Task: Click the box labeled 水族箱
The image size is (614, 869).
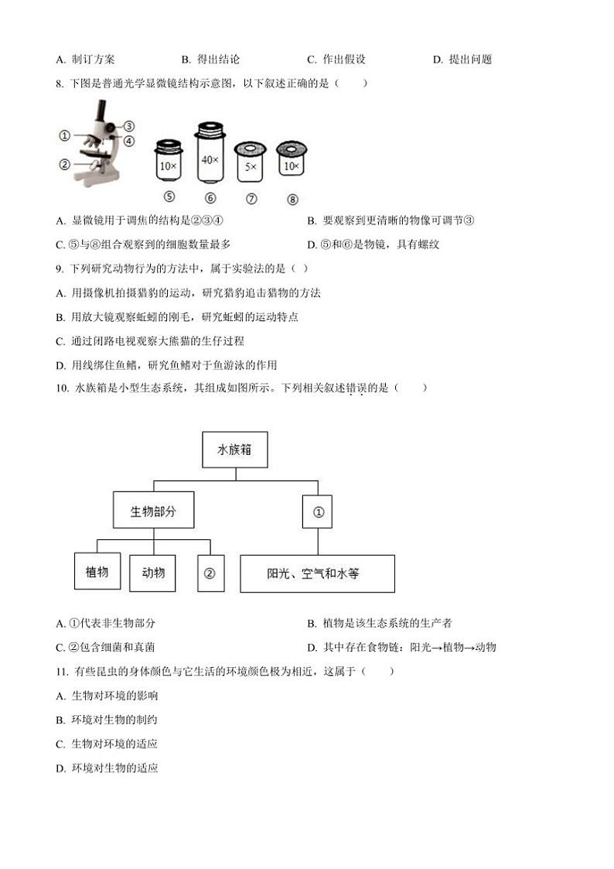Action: [x=235, y=450]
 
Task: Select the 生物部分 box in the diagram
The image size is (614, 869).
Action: [x=153, y=511]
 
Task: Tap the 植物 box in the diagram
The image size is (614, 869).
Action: [x=97, y=573]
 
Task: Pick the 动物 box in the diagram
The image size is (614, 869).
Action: [x=153, y=573]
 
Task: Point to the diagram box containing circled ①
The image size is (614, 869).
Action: [x=317, y=511]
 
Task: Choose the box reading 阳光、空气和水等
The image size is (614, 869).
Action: [x=317, y=573]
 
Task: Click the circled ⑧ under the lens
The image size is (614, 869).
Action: [x=292, y=199]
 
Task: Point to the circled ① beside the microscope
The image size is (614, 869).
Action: [x=65, y=136]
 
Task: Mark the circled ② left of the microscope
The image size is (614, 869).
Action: [x=65, y=164]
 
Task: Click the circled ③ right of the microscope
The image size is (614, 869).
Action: [x=129, y=126]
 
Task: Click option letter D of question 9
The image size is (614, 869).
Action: [x=60, y=365]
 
